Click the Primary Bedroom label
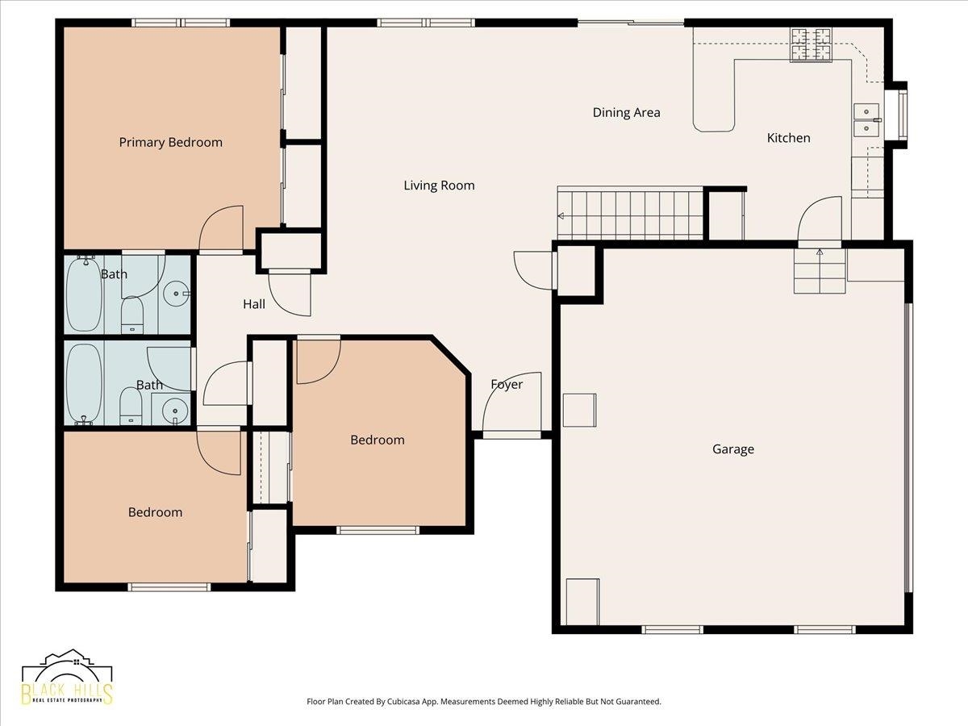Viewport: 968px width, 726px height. coord(171,143)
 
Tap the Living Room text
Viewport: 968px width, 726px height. coord(440,186)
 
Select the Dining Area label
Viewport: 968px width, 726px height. coord(626,113)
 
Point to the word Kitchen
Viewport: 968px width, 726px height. coord(788,138)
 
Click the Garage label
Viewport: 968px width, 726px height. coord(733,449)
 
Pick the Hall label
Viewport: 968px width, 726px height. coord(254,304)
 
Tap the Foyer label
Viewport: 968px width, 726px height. coord(507,385)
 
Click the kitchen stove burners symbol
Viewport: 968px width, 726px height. coord(811,44)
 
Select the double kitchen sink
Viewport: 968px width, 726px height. coord(866,120)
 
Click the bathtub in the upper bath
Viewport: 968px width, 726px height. coord(84,294)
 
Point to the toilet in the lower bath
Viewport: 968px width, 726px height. coord(131,405)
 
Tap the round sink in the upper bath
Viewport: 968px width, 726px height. coord(177,294)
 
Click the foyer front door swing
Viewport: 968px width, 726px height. coord(512,403)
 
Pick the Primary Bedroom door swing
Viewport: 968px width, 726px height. coord(221,229)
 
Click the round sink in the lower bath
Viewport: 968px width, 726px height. coord(175,411)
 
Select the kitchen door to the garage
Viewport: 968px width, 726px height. coord(820,219)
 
